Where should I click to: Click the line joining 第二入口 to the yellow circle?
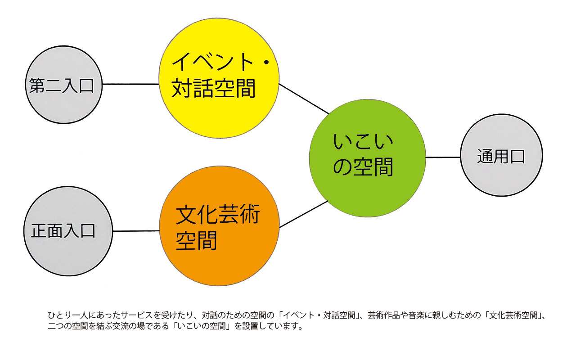click(130, 84)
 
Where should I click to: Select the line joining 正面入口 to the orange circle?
click(136, 231)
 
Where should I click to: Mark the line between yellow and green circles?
click(304, 99)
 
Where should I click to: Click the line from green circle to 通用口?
click(443, 157)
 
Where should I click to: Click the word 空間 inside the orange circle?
click(197, 241)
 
